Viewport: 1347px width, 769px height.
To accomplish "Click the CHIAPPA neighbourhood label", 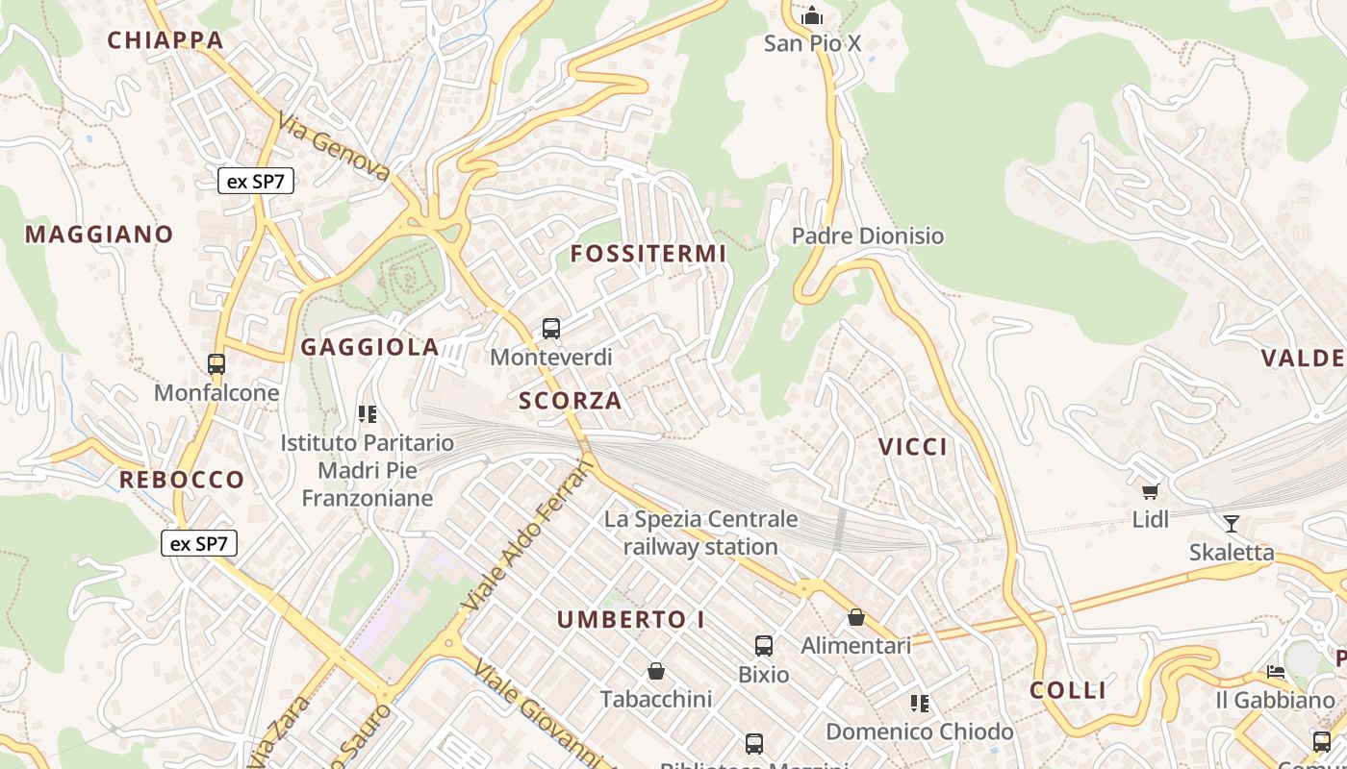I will pos(165,40).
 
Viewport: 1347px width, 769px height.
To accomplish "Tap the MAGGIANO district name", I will pos(99,235).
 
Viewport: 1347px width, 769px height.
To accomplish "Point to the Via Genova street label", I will pos(335,147).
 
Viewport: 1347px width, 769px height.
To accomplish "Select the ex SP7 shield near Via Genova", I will pos(255,181).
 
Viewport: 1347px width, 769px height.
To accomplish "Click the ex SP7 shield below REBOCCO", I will pos(198,543).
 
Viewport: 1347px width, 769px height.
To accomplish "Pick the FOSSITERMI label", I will pos(648,254).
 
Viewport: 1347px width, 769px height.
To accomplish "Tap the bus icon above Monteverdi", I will pos(551,329).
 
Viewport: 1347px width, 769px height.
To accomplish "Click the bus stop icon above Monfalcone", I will pos(216,364).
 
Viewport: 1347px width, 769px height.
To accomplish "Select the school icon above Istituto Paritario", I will pos(367,414).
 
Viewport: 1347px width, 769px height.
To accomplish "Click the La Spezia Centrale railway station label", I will pos(700,533).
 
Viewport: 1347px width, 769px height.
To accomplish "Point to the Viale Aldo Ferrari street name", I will pos(529,534).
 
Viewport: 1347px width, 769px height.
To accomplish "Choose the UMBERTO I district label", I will pos(631,620).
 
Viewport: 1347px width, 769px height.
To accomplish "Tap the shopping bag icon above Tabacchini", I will pos(656,671).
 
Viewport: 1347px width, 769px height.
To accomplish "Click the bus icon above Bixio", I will pos(764,646).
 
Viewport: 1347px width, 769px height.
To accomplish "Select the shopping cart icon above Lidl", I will pos(1150,492).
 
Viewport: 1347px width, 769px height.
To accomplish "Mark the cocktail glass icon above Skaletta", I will pos(1231,524).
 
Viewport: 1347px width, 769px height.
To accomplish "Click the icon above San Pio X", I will pos(813,15).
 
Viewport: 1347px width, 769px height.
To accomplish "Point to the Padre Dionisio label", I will pos(867,236).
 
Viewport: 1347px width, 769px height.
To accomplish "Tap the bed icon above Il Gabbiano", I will pos(1276,672).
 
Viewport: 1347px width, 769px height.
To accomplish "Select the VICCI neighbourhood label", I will pos(912,447).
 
